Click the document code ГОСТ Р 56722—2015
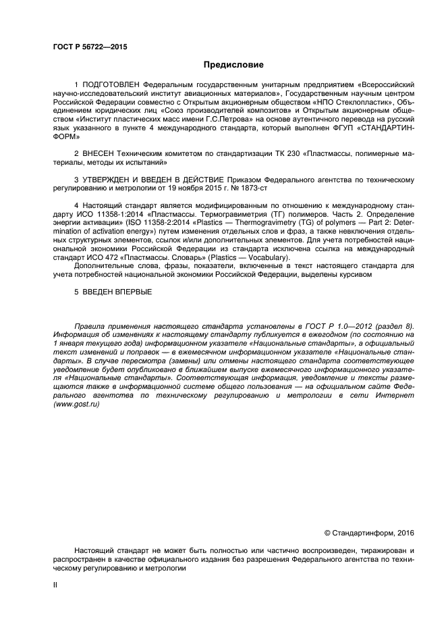[x=90, y=47]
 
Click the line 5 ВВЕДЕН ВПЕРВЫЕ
[x=113, y=292]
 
